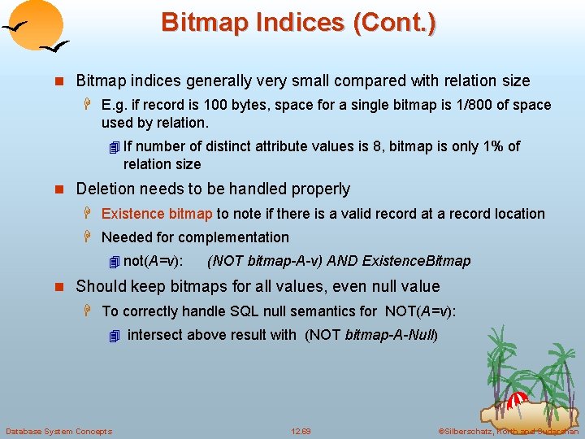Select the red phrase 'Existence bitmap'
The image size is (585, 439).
[157, 214]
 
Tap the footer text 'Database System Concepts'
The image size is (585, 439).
[58, 431]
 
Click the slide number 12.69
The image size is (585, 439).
[301, 431]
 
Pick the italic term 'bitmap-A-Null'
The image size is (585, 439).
[391, 335]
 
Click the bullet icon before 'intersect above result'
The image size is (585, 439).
[114, 335]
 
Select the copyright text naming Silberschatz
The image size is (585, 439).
[507, 431]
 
